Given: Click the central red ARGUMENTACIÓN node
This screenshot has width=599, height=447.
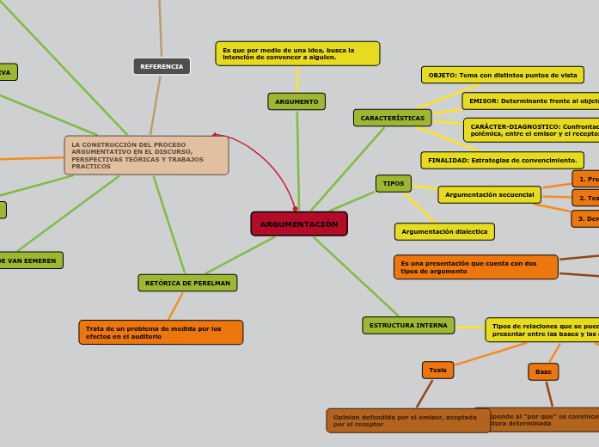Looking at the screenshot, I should tap(299, 223).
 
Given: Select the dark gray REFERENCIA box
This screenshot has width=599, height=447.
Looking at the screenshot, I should tap(162, 66).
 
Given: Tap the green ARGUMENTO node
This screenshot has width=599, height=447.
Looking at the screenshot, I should tap(296, 101).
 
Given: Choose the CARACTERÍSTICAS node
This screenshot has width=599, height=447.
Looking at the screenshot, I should tap(392, 118).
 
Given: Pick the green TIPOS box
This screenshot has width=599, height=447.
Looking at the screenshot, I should tap(393, 183).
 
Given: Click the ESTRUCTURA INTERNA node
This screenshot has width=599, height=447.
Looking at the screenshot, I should tap(408, 325).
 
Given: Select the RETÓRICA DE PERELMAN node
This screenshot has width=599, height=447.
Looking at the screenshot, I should tap(187, 283).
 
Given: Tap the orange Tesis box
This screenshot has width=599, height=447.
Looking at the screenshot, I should tap(437, 370).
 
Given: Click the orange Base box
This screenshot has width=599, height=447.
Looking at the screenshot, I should tap(543, 371).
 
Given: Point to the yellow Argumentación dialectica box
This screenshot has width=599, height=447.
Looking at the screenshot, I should tap(444, 231).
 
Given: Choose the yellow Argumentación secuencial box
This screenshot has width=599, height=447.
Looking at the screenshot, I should tap(489, 194).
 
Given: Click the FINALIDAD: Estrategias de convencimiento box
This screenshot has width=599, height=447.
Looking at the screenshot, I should tap(502, 160).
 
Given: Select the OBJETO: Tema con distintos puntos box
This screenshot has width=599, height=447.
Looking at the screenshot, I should tap(502, 75).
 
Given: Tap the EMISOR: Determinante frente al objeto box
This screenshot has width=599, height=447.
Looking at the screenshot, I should tap(530, 101).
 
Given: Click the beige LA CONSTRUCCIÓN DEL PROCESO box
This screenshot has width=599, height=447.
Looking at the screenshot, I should tap(146, 156).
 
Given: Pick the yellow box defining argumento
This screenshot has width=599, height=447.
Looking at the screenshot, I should tap(297, 53).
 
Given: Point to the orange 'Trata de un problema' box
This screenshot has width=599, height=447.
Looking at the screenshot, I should tap(161, 332).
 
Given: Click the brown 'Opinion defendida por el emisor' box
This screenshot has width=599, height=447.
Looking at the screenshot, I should tap(407, 420).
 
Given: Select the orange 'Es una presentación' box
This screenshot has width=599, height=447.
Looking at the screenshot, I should tap(475, 267).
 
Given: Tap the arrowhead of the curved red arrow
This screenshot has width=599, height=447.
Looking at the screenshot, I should tap(215, 135).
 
